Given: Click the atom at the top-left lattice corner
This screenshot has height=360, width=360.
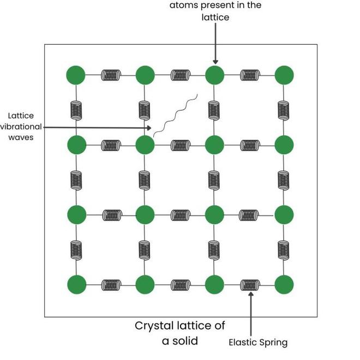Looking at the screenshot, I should tap(76, 75).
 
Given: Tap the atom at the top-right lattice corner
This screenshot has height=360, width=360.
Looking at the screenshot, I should tap(284, 75).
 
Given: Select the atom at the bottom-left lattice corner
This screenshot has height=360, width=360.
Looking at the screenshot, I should tap(76, 284).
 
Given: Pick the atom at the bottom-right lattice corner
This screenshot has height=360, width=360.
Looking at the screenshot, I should tap(284, 284).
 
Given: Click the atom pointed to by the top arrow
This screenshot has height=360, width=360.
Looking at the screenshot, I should tap(215, 75).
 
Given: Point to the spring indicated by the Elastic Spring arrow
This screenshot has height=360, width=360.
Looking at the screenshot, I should tap(250, 285).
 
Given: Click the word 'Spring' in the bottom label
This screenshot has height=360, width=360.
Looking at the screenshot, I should tap(273, 343).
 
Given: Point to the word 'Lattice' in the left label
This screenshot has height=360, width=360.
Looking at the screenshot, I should tap(21, 115).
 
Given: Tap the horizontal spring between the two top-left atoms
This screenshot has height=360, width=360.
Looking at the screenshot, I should tap(111, 75).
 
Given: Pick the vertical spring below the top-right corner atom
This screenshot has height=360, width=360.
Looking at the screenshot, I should tap(284, 110).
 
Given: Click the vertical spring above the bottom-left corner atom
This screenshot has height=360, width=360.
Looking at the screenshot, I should tap(76, 249).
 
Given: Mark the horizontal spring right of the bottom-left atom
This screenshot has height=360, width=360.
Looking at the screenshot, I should tap(111, 285).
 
